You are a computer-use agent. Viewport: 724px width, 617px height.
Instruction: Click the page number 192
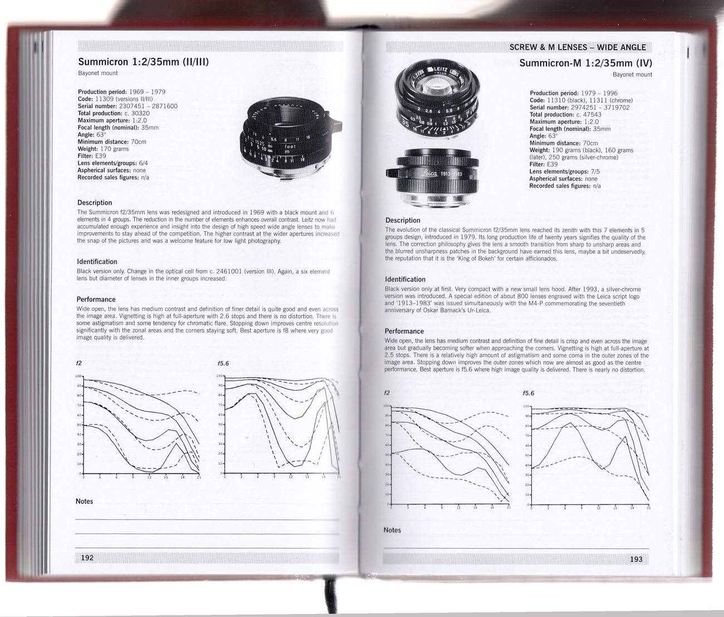click(87, 558)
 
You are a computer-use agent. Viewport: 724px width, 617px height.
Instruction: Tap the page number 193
click(636, 559)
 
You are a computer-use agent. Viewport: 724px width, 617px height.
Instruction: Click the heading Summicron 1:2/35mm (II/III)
click(143, 62)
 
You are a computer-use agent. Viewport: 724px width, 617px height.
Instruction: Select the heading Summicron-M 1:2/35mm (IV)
click(585, 63)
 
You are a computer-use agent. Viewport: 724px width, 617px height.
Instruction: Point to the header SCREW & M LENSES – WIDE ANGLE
click(578, 47)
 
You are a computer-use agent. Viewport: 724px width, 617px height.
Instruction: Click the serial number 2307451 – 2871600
click(148, 106)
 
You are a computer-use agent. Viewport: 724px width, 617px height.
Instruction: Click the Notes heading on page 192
click(84, 501)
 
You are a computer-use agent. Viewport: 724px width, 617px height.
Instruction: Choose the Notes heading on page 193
click(392, 530)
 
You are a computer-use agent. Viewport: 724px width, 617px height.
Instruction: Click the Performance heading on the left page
click(96, 300)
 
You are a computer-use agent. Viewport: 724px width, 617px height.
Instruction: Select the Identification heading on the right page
click(405, 280)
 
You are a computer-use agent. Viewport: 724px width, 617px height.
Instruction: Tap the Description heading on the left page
click(94, 203)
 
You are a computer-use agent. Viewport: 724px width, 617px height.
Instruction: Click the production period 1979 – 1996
click(599, 94)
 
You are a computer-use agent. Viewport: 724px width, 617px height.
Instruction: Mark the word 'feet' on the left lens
click(290, 146)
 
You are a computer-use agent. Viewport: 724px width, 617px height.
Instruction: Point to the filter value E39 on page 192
click(100, 156)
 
